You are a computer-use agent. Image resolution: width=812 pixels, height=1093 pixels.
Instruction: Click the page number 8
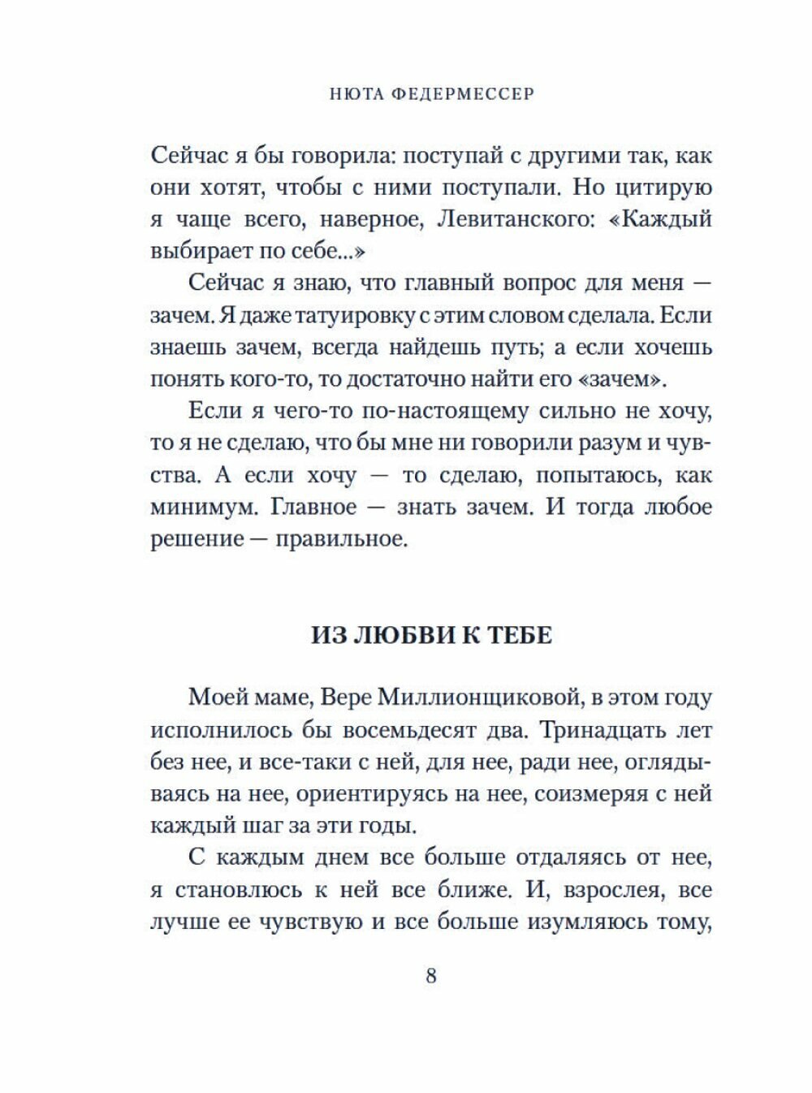pos(431,975)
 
